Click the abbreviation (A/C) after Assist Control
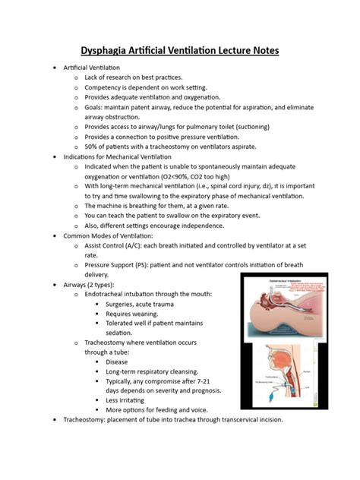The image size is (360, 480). click(137, 245)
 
